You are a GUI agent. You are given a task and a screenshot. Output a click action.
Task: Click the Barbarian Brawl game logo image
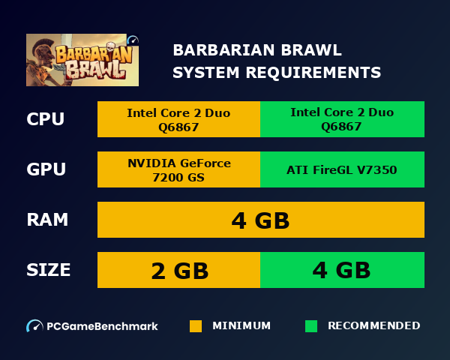[82, 59]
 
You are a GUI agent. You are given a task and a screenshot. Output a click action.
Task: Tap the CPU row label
[45, 119]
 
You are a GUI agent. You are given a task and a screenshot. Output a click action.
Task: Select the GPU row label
[46, 169]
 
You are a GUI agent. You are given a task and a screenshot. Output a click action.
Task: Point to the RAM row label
[47, 220]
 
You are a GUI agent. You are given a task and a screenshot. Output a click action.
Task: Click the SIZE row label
[49, 270]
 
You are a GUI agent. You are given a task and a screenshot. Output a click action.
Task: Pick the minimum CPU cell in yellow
[178, 119]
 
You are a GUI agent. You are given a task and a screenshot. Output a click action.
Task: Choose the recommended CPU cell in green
[342, 119]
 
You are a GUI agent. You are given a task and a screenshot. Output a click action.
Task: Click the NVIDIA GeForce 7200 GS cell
[178, 169]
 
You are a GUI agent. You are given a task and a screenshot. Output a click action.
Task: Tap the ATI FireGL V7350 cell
[342, 169]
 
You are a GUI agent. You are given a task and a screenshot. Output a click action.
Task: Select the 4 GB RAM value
[260, 220]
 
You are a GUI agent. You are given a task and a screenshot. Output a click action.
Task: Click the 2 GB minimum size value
[179, 270]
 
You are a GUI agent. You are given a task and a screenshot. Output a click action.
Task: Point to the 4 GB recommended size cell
[342, 270]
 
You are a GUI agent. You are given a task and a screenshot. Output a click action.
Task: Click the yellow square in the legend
[196, 326]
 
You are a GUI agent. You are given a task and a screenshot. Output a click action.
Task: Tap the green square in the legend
[311, 326]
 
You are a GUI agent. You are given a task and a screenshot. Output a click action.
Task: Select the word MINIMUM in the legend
[241, 326]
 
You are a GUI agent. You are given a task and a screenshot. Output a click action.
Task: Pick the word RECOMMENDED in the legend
[373, 326]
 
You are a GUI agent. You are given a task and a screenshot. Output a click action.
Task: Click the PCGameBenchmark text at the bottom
[102, 326]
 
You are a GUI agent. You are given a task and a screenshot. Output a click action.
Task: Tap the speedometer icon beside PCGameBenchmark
[34, 326]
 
